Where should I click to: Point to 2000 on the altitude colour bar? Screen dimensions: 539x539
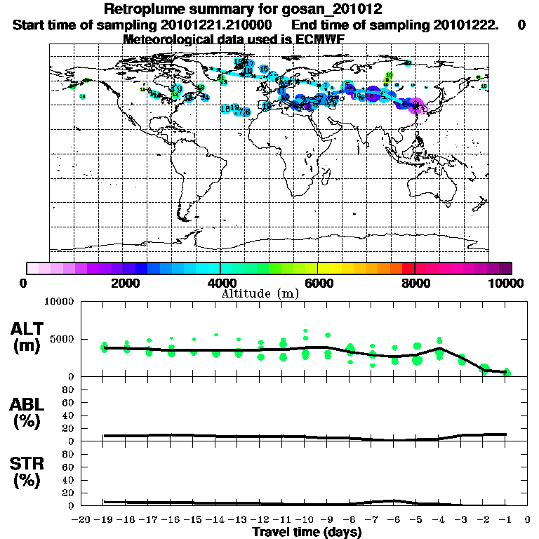(x=124, y=283)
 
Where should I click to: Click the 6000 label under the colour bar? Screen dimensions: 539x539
(x=318, y=283)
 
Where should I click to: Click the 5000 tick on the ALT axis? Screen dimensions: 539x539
(x=63, y=339)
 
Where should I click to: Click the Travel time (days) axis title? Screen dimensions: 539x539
(x=307, y=533)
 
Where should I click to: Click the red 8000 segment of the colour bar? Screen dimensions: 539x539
(x=408, y=268)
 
